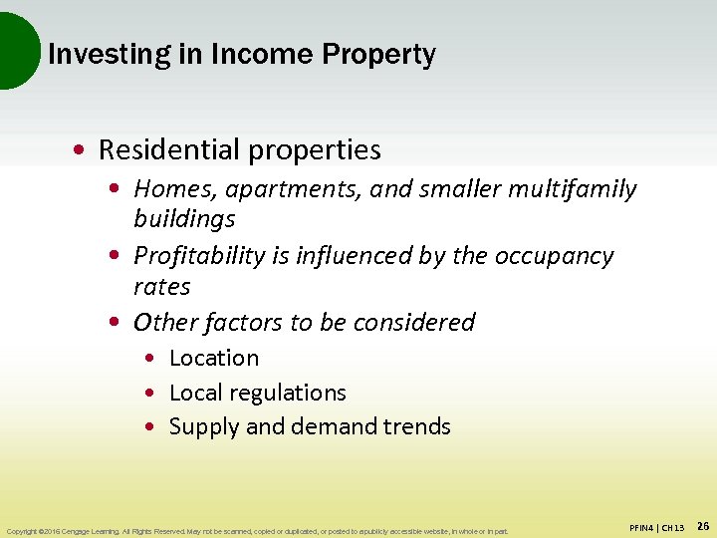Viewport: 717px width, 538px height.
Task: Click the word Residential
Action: tap(170, 150)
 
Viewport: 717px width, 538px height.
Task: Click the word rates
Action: tap(161, 287)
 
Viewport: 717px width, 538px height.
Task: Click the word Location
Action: tap(214, 358)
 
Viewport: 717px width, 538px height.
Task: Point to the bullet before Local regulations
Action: tap(148, 394)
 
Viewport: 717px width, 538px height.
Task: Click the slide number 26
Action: tap(702, 525)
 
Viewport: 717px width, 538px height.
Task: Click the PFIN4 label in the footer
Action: tap(642, 526)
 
